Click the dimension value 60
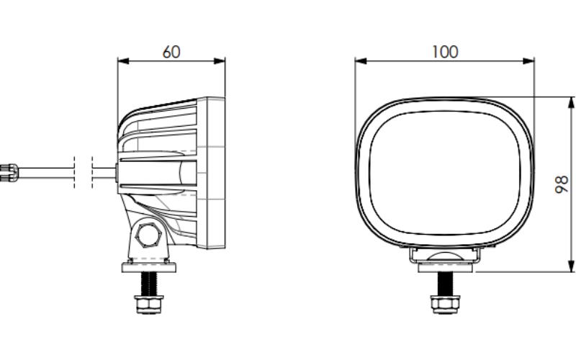pyautogui.click(x=171, y=52)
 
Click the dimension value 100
pyautogui.click(x=445, y=52)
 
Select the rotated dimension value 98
pyautogui.click(x=562, y=185)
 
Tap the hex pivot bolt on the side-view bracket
pyautogui.click(x=148, y=235)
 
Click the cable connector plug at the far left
pyautogui.click(x=9, y=173)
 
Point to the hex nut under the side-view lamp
pyautogui.click(x=149, y=305)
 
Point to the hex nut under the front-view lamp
pyautogui.click(x=445, y=305)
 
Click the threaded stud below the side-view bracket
pyautogui.click(x=149, y=284)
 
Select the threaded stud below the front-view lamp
pyautogui.click(x=445, y=284)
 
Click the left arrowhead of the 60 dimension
pyautogui.click(x=123, y=61)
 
